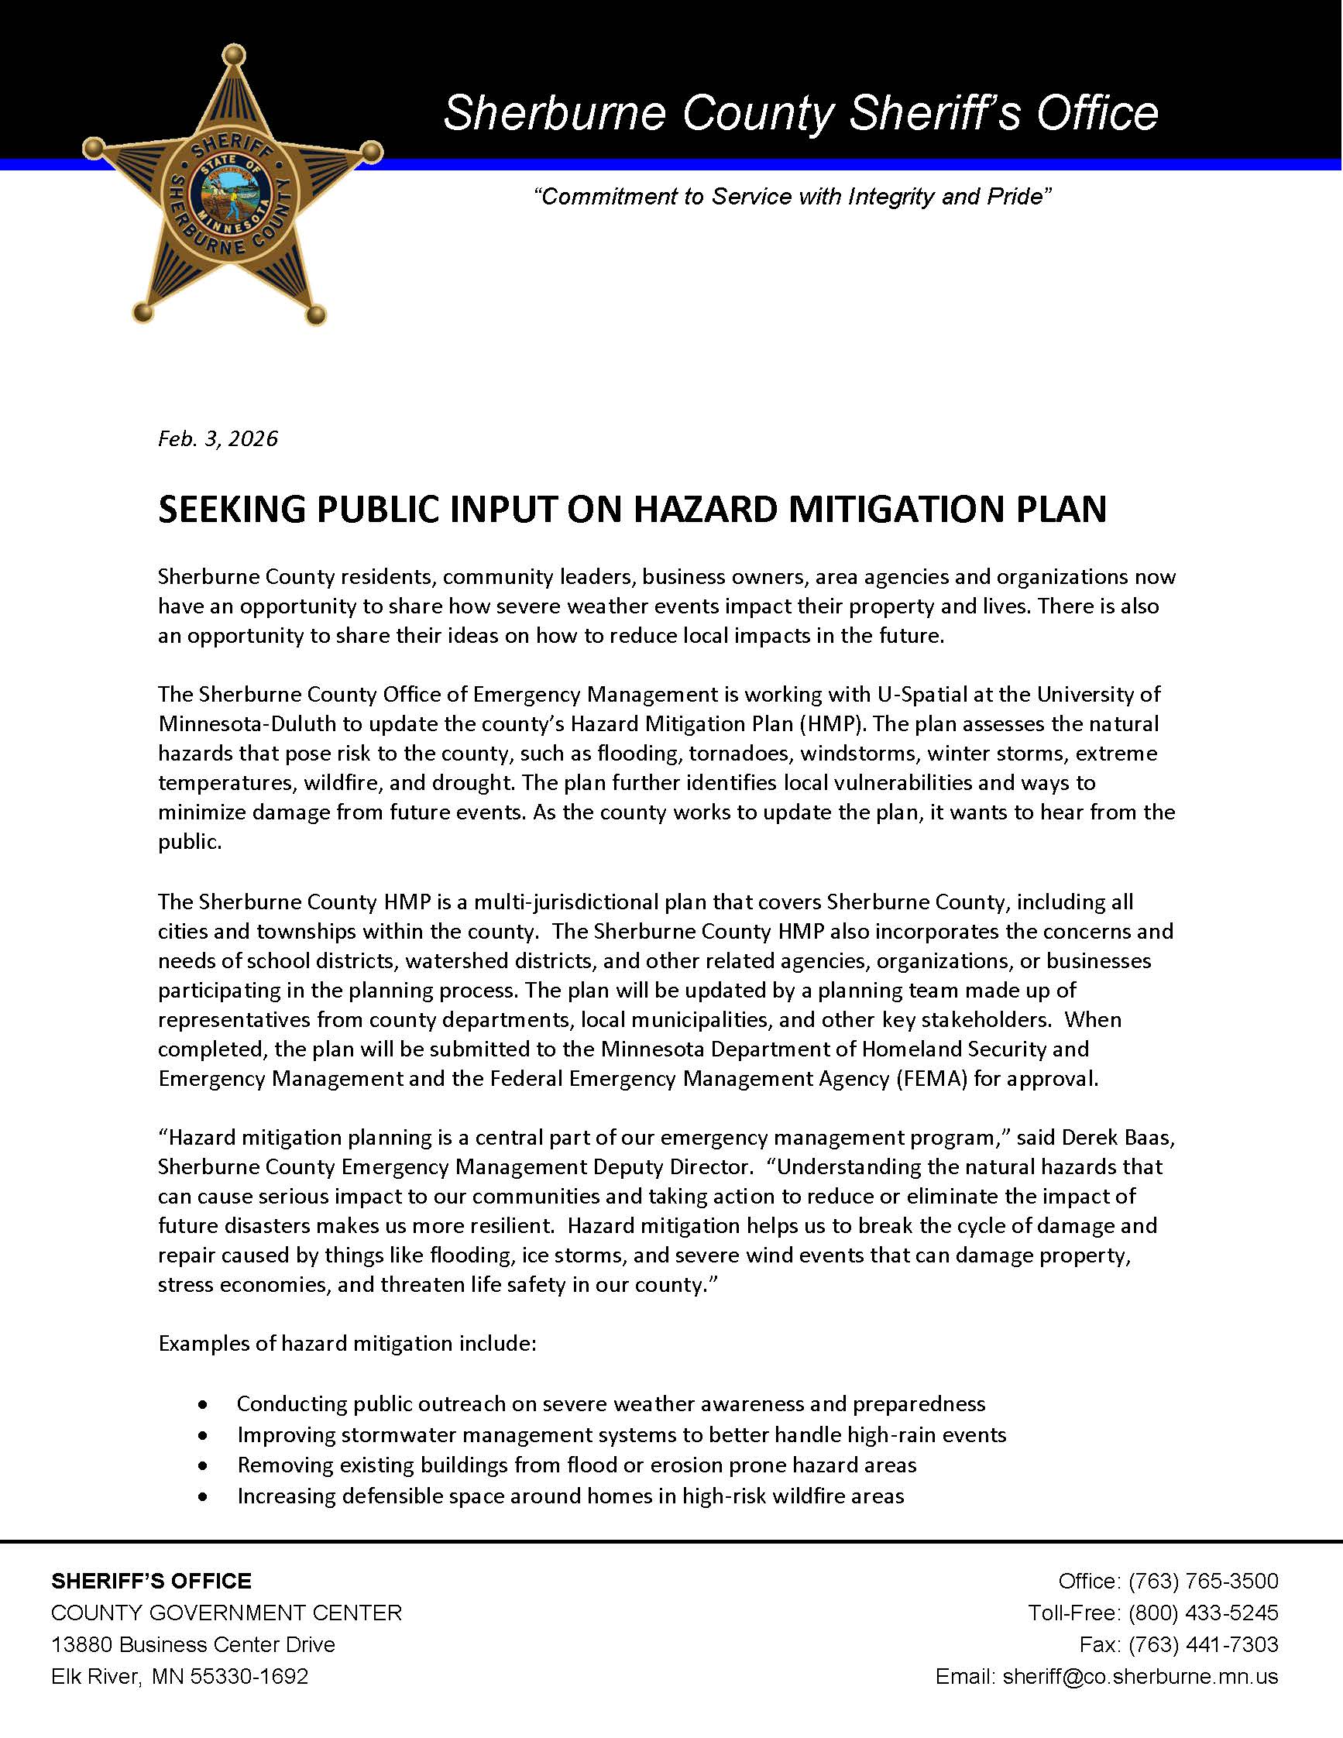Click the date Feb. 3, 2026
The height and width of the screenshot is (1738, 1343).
[x=218, y=438]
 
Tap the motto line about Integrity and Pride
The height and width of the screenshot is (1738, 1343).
[x=792, y=197]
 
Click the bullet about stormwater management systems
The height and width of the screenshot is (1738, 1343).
[x=621, y=1434]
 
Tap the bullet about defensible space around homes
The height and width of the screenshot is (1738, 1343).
[x=571, y=1496]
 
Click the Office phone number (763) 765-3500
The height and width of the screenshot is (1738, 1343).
[x=1203, y=1580]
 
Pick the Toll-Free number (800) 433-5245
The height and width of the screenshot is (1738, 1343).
[x=1203, y=1613]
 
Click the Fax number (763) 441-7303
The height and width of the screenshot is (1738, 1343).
[x=1203, y=1644]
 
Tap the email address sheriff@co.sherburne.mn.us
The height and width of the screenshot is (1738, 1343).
[x=1140, y=1676]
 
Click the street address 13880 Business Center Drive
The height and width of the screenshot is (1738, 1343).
[x=194, y=1644]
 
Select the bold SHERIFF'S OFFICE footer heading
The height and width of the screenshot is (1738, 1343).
[x=151, y=1581]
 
